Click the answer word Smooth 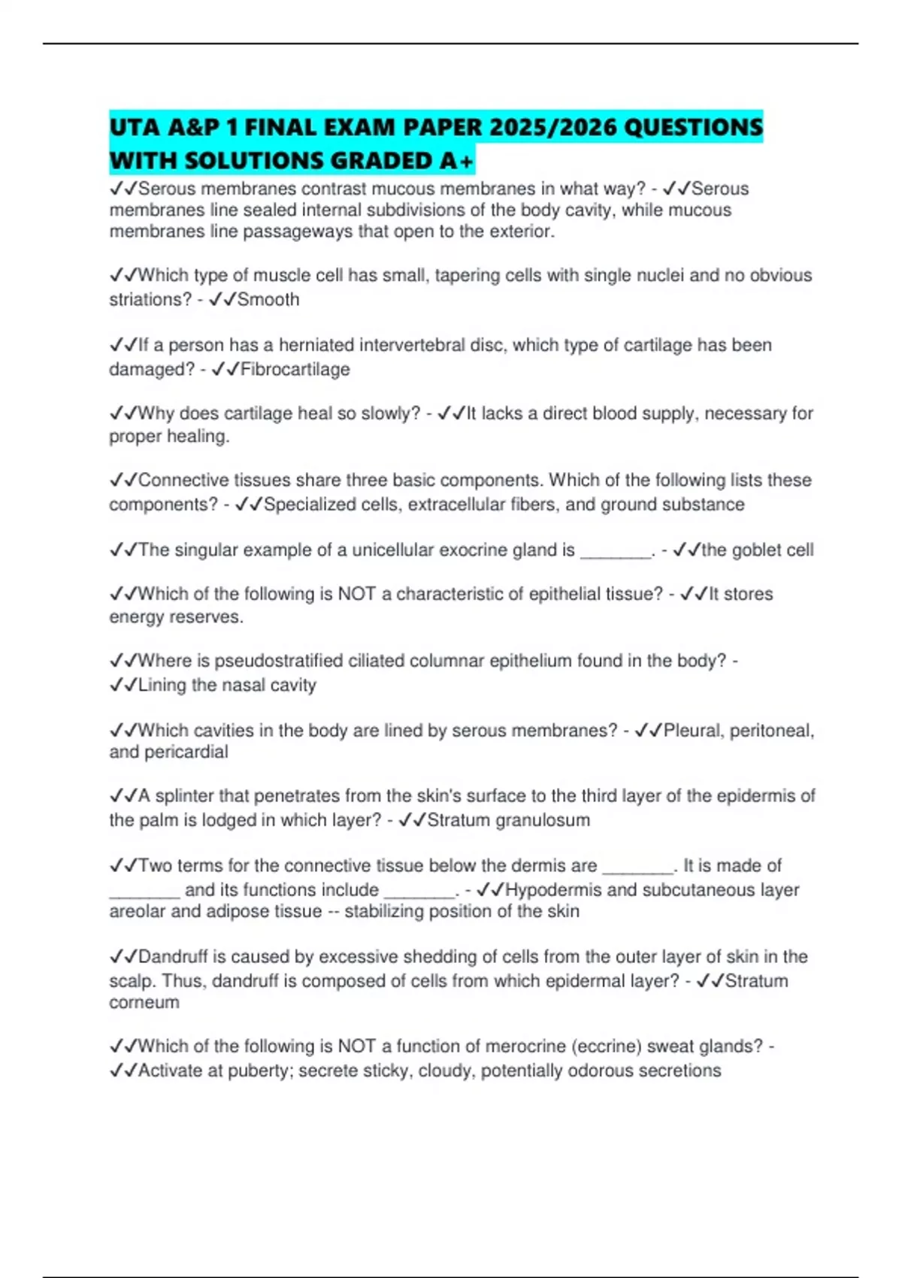pyautogui.click(x=268, y=300)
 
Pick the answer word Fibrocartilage pyautogui.click(x=295, y=370)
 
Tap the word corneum pyautogui.click(x=144, y=1003)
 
